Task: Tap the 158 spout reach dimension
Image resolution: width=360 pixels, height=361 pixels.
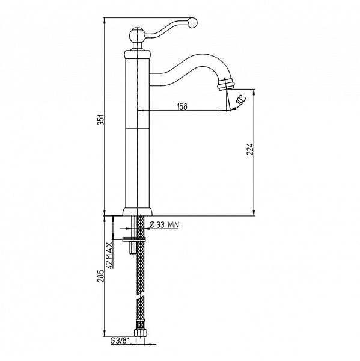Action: pos(182,106)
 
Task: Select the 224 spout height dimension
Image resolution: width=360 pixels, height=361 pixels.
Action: pos(249,149)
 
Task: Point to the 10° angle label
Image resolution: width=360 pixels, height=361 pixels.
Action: pos(239,100)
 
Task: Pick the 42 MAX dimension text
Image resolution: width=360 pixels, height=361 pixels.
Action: pos(110,256)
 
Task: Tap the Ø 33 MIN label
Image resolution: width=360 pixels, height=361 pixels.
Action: pos(164,225)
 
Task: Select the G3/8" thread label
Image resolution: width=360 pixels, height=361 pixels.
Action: pos(120,341)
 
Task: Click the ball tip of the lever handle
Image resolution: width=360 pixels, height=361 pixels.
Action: pos(193,23)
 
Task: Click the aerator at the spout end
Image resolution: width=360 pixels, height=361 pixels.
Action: pos(226,84)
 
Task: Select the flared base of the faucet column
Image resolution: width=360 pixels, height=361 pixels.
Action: pos(138,211)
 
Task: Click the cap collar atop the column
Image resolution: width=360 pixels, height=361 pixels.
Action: pos(138,54)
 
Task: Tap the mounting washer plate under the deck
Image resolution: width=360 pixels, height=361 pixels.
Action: pos(135,239)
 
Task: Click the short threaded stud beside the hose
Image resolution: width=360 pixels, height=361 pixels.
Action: pos(133,248)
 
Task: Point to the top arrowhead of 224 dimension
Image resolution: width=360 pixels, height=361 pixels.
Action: pos(254,93)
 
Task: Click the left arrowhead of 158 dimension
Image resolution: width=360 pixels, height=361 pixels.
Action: pos(141,111)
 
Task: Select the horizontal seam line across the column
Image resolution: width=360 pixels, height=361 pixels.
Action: pos(137,128)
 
